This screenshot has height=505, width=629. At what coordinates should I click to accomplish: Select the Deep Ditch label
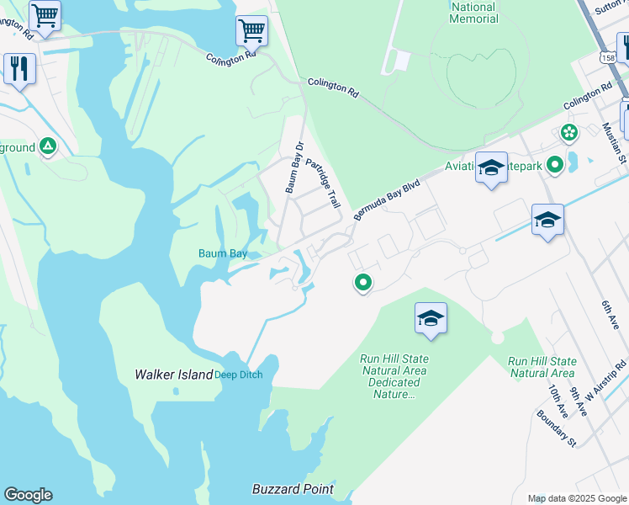click(239, 375)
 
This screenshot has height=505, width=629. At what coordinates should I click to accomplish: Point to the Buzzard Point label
click(293, 489)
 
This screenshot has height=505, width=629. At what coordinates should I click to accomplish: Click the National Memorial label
click(474, 13)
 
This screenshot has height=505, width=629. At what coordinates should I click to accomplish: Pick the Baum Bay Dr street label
click(292, 169)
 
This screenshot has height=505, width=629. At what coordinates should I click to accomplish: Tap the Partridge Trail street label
click(322, 183)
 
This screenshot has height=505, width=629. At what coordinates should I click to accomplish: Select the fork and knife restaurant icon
click(19, 67)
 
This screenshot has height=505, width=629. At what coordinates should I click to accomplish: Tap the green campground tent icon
click(49, 147)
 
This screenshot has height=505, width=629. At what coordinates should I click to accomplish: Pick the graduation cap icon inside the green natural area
click(431, 318)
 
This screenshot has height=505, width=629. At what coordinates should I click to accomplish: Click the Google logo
click(28, 495)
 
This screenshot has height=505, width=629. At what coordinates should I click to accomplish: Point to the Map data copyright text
click(576, 498)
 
